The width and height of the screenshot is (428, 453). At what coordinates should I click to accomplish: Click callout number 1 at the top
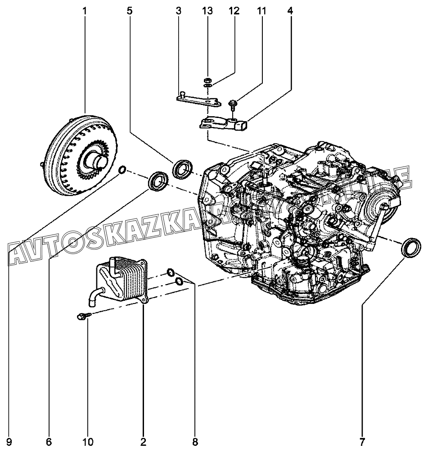point(85,10)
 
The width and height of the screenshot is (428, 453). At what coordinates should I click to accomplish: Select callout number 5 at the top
point(130,10)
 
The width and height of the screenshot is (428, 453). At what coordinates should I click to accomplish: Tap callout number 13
point(207,10)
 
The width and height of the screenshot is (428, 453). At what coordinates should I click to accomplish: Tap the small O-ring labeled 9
point(122,170)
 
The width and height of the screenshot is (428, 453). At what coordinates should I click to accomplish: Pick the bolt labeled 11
point(233,104)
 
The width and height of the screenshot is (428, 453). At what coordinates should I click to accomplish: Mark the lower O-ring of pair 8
point(179,282)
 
